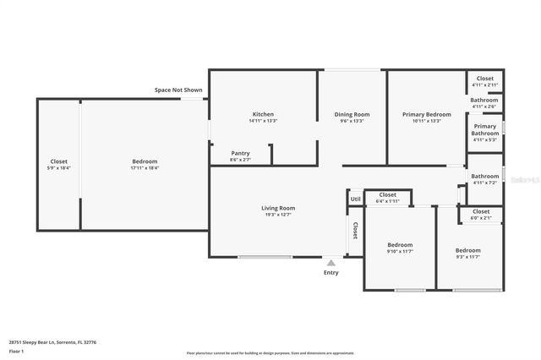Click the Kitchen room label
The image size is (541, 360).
point(263,114)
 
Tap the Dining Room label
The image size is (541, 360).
point(352,114)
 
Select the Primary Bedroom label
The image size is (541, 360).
point(426,114)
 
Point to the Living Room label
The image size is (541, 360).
point(277,208)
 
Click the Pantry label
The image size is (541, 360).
point(240,154)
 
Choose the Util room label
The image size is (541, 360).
point(355,199)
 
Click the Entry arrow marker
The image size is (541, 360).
point(331,263)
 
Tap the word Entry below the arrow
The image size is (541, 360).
point(331,272)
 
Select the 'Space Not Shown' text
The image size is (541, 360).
point(178,90)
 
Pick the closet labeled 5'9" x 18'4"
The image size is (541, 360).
point(58,161)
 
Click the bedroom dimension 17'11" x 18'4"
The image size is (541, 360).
point(145,168)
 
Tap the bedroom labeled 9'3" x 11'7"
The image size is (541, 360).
point(467,251)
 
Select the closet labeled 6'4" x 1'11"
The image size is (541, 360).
point(387,195)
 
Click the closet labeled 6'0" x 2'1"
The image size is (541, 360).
point(481,211)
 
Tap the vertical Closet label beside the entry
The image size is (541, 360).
point(355,231)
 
